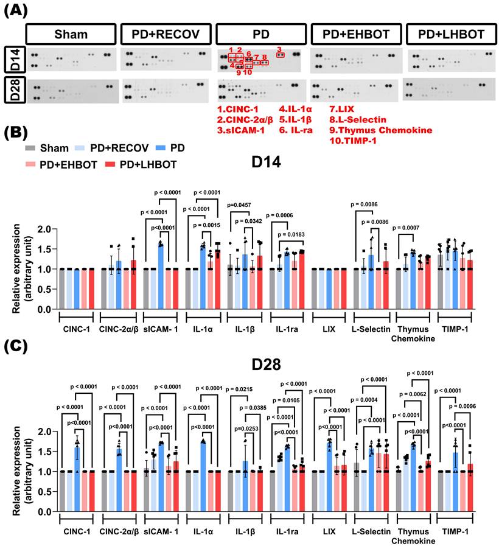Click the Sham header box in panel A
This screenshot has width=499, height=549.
(71, 33)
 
